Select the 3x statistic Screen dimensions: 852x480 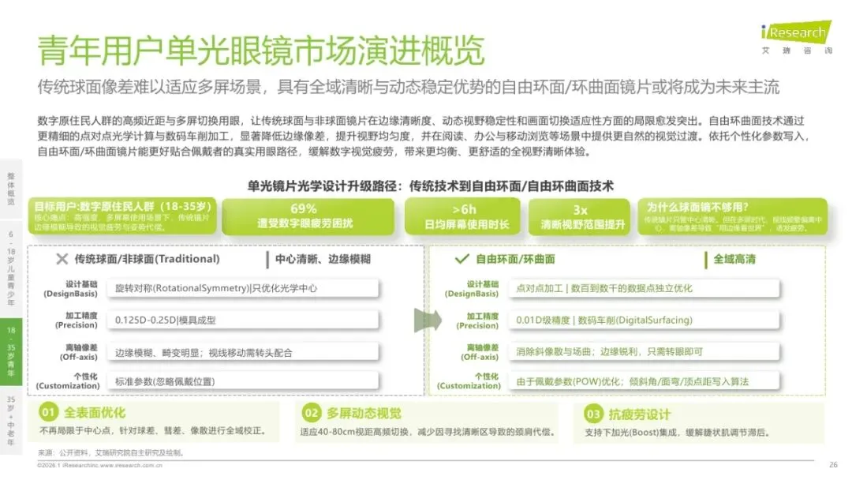[x=581, y=209]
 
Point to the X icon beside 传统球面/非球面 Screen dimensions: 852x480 [x=62, y=259]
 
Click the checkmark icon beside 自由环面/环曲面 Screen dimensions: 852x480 [x=462, y=259]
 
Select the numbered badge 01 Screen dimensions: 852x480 [x=49, y=413]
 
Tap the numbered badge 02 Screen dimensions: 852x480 [x=312, y=413]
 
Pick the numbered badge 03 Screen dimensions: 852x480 [x=592, y=414]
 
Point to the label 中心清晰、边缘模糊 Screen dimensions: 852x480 [x=323, y=259]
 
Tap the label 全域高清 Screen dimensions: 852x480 [x=734, y=259]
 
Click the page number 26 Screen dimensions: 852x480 [x=833, y=464]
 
